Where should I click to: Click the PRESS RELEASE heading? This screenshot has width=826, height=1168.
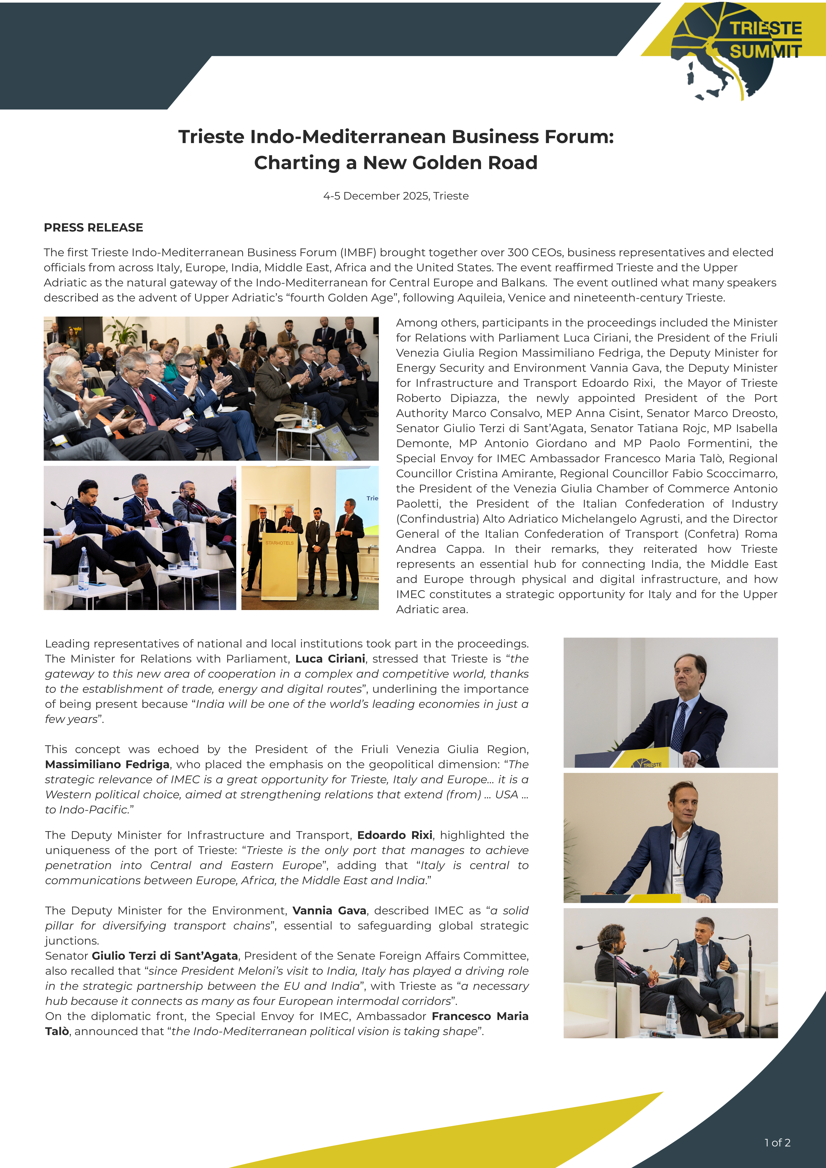pos(94,227)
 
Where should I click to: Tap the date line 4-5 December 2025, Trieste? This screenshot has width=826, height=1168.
pos(396,196)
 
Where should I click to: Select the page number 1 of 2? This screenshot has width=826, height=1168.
pos(777,1143)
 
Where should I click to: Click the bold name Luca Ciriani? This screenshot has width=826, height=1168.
pos(330,659)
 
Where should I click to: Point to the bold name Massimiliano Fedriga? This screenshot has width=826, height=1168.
pos(107,764)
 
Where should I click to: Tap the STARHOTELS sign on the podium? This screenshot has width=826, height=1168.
pos(279,543)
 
